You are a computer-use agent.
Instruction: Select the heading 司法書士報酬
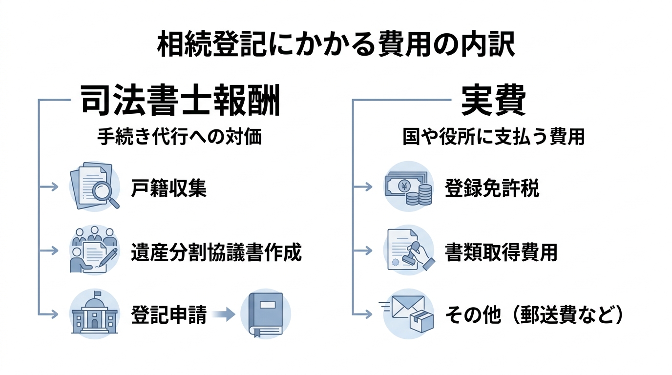click(x=180, y=101)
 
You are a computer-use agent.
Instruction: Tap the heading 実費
click(x=493, y=101)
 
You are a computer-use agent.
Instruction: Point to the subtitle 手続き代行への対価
click(x=180, y=137)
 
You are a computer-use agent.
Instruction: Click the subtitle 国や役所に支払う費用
click(x=493, y=137)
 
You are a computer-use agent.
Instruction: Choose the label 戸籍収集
click(x=168, y=188)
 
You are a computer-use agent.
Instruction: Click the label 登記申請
click(x=168, y=315)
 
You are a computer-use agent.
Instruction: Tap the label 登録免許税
click(x=492, y=188)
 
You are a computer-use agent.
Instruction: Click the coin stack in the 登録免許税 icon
click(x=419, y=196)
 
